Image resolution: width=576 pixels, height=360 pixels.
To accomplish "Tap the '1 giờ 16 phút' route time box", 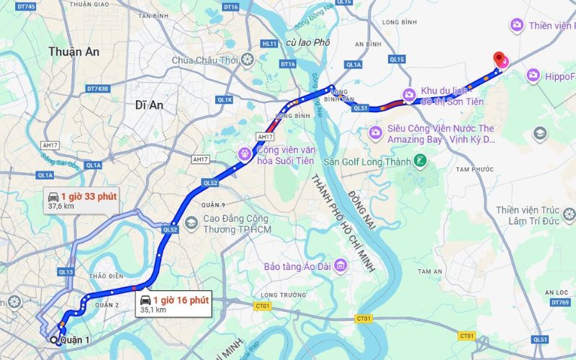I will click(174, 304).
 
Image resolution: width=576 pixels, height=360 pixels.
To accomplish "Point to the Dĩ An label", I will click(149, 105).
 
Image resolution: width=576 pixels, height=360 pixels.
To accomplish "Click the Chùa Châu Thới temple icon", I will click(248, 60).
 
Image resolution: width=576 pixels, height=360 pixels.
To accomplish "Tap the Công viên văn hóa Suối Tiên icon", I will click(245, 153).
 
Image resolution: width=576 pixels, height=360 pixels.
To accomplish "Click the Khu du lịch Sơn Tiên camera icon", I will click(409, 94).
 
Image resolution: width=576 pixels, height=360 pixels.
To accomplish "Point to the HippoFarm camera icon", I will click(534, 75).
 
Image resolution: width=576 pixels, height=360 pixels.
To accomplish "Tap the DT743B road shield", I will click(97, 89).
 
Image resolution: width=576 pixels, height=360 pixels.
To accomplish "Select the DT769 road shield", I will click(562, 302).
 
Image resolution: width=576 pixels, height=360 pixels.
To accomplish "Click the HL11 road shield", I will click(270, 44).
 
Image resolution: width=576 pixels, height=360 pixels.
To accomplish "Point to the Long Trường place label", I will click(279, 294).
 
